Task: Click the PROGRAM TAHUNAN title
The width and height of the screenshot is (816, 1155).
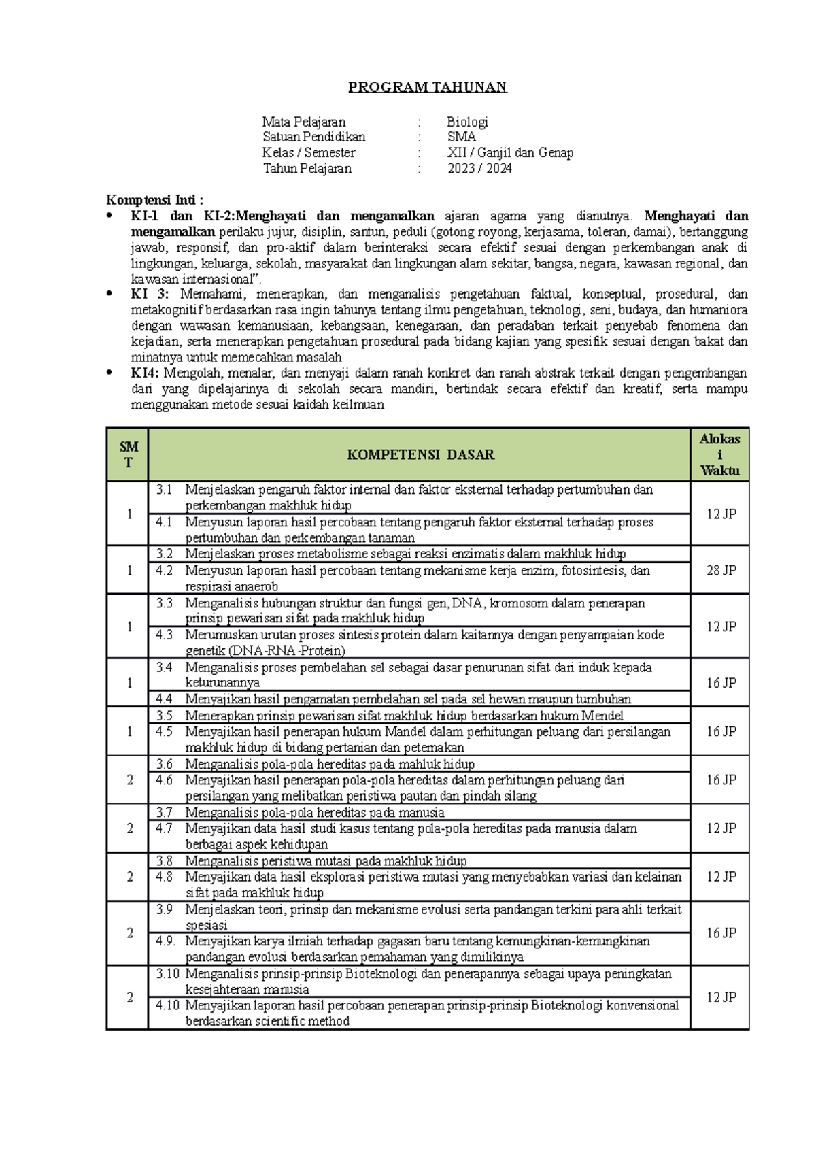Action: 427,87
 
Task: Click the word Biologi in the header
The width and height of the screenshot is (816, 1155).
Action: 467,122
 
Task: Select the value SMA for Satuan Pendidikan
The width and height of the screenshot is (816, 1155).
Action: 461,137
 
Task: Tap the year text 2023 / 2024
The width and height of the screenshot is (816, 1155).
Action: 479,168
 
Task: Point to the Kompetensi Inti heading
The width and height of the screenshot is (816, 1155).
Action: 154,200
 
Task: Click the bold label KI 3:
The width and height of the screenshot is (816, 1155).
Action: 150,294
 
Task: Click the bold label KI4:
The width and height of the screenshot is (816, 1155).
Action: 145,373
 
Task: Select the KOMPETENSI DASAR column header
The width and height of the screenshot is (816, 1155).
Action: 420,454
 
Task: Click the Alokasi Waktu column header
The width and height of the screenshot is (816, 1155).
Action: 719,454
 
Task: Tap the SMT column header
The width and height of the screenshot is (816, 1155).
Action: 129,454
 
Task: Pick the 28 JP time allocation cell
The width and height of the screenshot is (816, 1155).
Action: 721,570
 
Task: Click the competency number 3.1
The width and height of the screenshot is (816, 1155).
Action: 164,490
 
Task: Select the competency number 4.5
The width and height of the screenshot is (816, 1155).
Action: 164,731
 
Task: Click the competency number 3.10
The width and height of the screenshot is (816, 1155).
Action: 167,973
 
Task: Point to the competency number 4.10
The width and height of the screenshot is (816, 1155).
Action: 167,1005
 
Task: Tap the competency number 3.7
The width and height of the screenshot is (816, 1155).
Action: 164,812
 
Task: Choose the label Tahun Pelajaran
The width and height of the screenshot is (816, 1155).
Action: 307,168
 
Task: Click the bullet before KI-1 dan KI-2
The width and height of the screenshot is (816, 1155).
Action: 109,216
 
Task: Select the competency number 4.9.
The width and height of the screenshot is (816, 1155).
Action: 165,941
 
